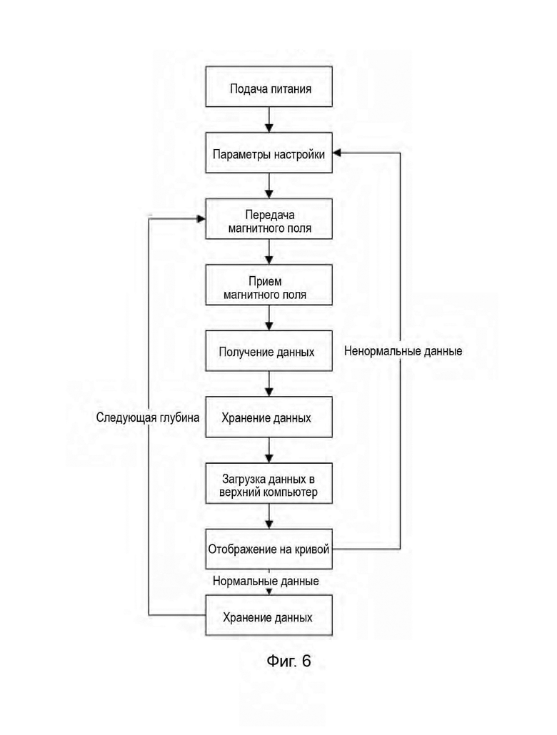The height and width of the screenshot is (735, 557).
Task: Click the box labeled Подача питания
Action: (269, 87)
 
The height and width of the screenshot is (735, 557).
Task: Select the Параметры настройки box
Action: (269, 153)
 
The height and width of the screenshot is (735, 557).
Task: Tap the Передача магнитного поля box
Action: (269, 219)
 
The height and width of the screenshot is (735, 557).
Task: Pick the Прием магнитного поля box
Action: (269, 285)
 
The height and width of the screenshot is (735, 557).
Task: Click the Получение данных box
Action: (269, 351)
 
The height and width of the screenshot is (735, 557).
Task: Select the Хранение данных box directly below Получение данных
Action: (269, 417)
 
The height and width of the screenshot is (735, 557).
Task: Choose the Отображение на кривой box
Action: (269, 549)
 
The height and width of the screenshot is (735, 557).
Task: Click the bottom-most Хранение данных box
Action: (269, 615)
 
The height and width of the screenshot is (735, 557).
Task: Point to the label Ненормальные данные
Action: (403, 351)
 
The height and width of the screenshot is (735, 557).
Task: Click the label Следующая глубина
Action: (148, 417)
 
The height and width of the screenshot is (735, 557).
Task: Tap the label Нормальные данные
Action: (266, 582)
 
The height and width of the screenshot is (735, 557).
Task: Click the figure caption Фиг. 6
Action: (288, 661)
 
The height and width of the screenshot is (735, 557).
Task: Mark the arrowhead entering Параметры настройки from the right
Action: (336, 153)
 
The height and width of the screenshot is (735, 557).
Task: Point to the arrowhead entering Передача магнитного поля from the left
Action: (201, 219)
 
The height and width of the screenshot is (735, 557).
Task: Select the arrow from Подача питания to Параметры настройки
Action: (269, 120)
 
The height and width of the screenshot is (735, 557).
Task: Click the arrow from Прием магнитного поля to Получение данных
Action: (269, 318)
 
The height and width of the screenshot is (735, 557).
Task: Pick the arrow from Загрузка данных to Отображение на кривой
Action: (269, 517)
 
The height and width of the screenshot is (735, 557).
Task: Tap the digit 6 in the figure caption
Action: (306, 661)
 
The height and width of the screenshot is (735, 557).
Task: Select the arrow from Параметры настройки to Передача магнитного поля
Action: (269, 186)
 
